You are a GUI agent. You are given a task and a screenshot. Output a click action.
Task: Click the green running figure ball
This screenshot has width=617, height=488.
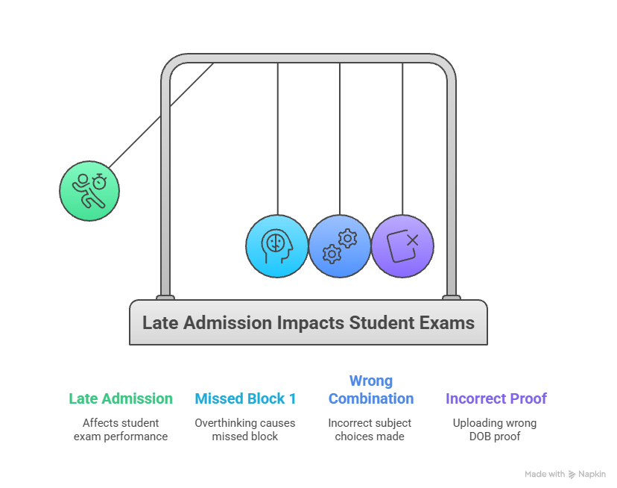click(89, 190)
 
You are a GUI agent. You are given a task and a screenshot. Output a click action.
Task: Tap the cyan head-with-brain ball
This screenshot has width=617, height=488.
click(277, 246)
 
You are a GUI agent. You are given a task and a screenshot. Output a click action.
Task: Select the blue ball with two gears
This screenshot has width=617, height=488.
click(340, 246)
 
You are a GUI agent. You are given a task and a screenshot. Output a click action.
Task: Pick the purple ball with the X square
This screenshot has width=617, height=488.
click(402, 246)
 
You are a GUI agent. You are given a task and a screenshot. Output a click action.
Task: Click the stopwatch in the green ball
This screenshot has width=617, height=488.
click(100, 180)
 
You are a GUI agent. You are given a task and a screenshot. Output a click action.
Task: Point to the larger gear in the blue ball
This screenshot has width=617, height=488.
click(332, 254)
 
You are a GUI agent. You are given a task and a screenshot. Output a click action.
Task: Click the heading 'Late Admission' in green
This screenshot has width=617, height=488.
click(121, 398)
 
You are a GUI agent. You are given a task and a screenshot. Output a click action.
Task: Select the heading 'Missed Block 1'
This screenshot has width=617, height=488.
click(245, 398)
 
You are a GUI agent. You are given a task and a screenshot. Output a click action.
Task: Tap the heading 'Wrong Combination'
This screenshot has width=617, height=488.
click(370, 390)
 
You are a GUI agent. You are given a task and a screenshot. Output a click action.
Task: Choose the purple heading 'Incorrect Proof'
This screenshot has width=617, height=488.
click(496, 398)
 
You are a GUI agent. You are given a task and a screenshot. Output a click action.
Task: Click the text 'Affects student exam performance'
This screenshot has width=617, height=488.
click(121, 429)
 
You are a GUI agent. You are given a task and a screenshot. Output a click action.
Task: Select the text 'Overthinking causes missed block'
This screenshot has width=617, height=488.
click(245, 429)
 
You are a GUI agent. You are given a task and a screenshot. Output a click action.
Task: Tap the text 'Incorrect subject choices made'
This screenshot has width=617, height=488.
click(370, 429)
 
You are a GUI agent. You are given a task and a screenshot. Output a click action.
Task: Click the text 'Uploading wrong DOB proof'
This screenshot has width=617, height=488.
click(495, 429)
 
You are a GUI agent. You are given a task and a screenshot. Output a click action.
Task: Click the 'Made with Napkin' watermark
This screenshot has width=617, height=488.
click(565, 474)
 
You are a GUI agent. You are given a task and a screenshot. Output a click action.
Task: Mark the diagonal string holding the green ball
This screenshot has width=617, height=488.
click(160, 116)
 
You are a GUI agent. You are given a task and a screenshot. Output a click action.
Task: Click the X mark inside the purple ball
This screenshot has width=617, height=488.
click(412, 240)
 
